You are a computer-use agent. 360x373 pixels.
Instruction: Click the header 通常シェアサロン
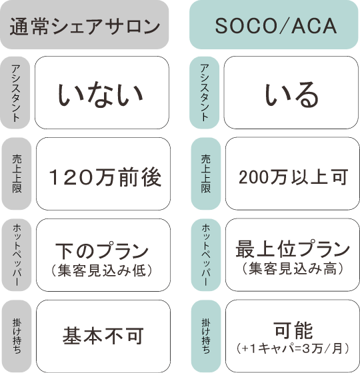(84, 25)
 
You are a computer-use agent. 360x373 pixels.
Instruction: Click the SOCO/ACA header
(274, 25)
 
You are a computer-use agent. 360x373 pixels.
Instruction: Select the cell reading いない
(102, 93)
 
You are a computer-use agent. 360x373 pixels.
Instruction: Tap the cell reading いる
(291, 93)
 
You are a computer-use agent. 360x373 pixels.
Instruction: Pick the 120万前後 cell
(103, 174)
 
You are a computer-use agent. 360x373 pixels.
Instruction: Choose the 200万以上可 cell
(293, 174)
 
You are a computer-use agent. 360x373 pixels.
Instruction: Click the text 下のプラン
(102, 250)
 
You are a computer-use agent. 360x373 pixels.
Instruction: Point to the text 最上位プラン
(293, 249)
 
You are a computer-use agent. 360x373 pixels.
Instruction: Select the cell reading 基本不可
(103, 336)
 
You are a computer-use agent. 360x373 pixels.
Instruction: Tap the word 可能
(293, 330)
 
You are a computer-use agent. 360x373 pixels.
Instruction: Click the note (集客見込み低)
(101, 270)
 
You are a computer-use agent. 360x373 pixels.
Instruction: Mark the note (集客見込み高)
(293, 269)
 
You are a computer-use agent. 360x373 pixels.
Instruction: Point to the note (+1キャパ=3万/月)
(293, 349)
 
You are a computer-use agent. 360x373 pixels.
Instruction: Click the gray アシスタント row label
(15, 93)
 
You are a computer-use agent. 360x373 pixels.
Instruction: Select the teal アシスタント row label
(204, 93)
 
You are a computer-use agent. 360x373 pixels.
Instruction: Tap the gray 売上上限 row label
(17, 174)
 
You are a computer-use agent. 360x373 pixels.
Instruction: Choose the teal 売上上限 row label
(206, 174)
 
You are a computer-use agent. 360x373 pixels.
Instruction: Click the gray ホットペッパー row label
(17, 255)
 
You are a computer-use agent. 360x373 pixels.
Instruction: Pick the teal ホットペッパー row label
(206, 255)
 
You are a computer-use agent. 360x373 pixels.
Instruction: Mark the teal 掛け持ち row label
(206, 336)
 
